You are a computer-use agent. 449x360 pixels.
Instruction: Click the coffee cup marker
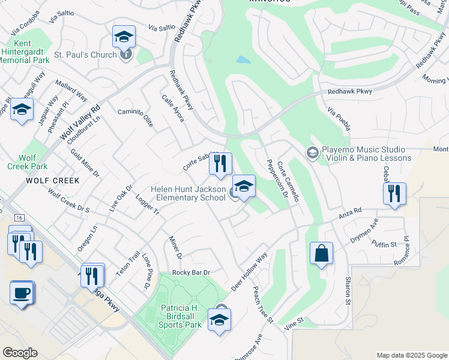tap(22, 293)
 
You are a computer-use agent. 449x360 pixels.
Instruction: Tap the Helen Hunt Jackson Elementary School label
tap(188, 193)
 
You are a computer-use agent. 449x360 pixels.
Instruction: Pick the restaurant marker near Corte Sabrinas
tap(220, 163)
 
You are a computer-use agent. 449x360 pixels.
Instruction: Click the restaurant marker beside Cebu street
tap(394, 194)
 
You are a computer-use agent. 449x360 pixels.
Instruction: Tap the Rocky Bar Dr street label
tap(190, 272)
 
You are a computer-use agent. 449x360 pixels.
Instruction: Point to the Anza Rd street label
tap(349, 211)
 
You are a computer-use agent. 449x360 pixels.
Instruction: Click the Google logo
tap(20, 353)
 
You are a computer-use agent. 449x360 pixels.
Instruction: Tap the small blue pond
tap(243, 60)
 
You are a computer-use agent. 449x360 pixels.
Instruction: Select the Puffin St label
tap(384, 244)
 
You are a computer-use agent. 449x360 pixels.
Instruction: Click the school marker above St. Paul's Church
tap(124, 37)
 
